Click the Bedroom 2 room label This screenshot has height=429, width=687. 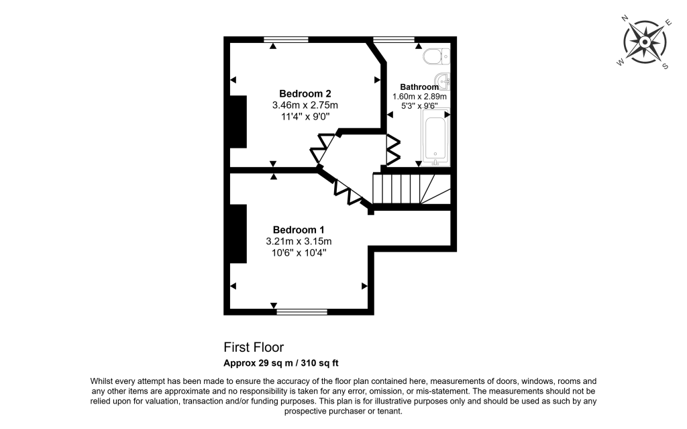click(305, 93)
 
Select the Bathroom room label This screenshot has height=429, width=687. click(419, 87)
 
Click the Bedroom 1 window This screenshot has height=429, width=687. click(302, 312)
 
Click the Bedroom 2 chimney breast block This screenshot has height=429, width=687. click(238, 122)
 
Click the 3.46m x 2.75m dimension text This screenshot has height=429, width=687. click(305, 105)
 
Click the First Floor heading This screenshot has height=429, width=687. click(254, 347)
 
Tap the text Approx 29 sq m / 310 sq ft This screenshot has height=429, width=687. click(281, 364)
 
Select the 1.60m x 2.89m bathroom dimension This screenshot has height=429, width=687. click(419, 96)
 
